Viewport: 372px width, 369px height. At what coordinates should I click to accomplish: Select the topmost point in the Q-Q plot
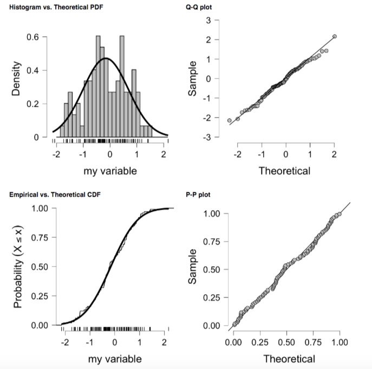click(x=335, y=36)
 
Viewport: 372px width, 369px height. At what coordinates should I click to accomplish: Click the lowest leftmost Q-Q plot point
click(x=229, y=120)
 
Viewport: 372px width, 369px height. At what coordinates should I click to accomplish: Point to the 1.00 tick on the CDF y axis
click(x=32, y=209)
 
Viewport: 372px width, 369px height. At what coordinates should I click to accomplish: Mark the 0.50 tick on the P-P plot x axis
click(x=286, y=342)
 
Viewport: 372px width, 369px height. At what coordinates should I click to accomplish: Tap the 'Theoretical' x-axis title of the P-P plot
click(x=289, y=359)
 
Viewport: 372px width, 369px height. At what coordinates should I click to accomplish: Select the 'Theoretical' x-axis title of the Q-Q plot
click(x=284, y=171)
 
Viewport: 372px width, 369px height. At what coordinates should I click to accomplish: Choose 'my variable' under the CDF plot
click(x=114, y=359)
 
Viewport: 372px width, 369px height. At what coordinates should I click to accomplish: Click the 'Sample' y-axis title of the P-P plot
click(x=192, y=269)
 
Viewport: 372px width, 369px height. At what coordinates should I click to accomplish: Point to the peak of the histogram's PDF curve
click(x=106, y=58)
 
